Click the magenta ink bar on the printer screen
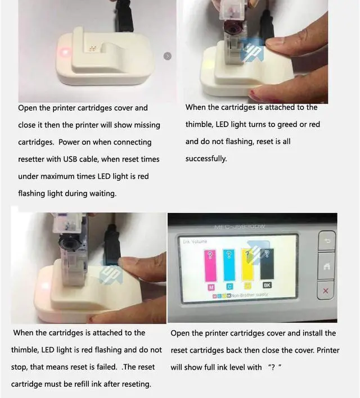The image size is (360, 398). [x=210, y=265]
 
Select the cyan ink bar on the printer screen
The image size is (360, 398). [x=229, y=265]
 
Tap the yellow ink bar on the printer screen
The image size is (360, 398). [x=247, y=264]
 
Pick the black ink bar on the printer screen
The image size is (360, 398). [x=267, y=264]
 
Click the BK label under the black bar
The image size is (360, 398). [x=267, y=285]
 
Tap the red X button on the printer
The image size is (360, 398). [x=326, y=291]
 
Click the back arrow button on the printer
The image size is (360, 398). [x=327, y=241]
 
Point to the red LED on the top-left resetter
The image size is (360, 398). [x=65, y=52]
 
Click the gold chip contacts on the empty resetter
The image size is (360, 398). [x=92, y=48]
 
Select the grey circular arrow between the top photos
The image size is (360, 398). [x=168, y=56]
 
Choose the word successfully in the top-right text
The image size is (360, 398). [x=206, y=159]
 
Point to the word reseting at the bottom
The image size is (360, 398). [x=136, y=385]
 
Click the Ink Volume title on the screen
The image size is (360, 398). [x=195, y=241]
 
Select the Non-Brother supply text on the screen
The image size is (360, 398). [x=250, y=295]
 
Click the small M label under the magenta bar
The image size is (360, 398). [x=211, y=287]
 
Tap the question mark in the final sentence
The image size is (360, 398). [x=273, y=368]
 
